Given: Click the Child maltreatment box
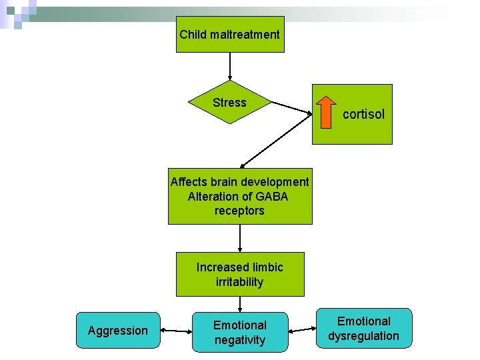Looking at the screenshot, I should pos(229,35).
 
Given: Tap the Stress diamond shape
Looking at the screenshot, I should pos(229,103).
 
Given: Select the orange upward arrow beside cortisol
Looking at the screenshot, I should pos(326,111).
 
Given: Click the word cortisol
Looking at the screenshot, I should pos(363,114).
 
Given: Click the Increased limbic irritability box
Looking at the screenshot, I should pos(239,274).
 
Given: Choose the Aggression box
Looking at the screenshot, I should pos(118,331).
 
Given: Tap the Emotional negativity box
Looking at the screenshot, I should pos(239,332).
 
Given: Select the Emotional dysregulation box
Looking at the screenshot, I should pos(363,329).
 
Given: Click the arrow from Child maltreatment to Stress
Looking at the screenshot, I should pos(229,67).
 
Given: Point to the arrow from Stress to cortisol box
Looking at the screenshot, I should pos(292,109).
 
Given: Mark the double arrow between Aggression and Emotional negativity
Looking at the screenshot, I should pos(176,331).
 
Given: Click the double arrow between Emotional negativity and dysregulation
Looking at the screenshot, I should pos(301,329).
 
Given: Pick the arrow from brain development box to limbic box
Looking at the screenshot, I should pos(239,238).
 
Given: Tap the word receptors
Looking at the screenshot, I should pos(239,211).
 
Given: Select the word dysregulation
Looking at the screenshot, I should pos(363,336).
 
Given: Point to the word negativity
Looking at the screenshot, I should pos(239,340).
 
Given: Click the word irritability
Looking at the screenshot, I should pos(239,282).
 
